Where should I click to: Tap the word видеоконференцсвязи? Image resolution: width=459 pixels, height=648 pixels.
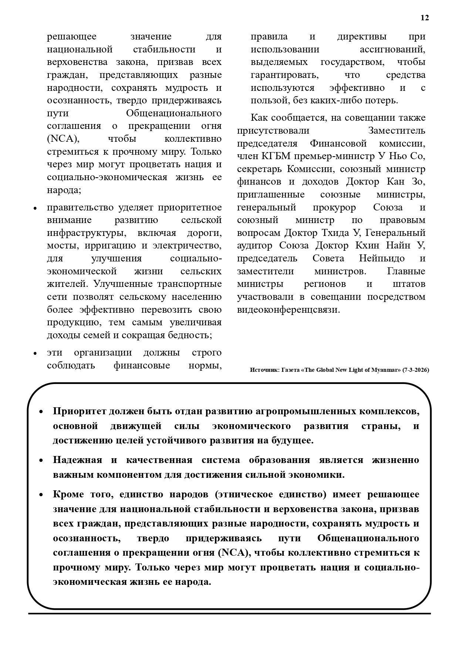click(x=288, y=309)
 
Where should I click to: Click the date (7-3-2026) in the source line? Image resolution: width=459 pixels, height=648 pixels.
click(x=416, y=370)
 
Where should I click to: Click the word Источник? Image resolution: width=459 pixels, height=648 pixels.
click(x=264, y=370)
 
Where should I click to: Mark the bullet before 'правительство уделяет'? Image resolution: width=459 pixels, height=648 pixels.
click(x=36, y=208)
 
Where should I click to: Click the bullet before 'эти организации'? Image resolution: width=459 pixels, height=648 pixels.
click(x=36, y=353)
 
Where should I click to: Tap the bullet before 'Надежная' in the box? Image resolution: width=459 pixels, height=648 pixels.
click(x=41, y=461)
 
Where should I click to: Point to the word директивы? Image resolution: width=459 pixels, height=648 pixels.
click(x=362, y=37)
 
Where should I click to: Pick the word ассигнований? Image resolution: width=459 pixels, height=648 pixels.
click(x=392, y=49)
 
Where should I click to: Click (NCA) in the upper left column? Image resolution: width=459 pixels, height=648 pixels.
click(x=63, y=139)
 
